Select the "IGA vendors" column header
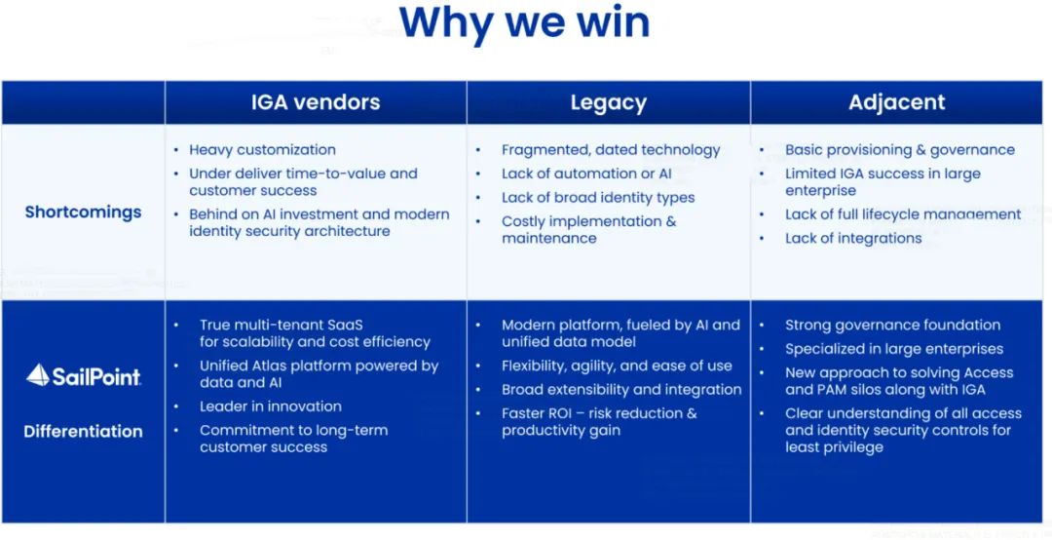pos(316,102)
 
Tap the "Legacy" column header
pos(608,102)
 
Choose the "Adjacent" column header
pos(896,102)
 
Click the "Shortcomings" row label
pos(83,212)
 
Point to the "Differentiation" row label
pos(83,431)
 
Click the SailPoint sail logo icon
pos(38,374)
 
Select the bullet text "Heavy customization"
pos(262,150)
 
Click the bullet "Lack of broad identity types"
pos(598,198)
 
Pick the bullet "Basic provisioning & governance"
pos(899,150)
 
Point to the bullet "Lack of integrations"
pos(852,238)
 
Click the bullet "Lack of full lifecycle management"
pos(903,214)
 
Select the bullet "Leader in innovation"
pos(270,406)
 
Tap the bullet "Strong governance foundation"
pos(892,326)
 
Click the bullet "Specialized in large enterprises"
pos(893,349)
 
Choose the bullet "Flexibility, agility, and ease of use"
pos(617,366)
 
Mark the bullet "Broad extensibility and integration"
pos(621,390)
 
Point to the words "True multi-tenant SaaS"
pos(281,326)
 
